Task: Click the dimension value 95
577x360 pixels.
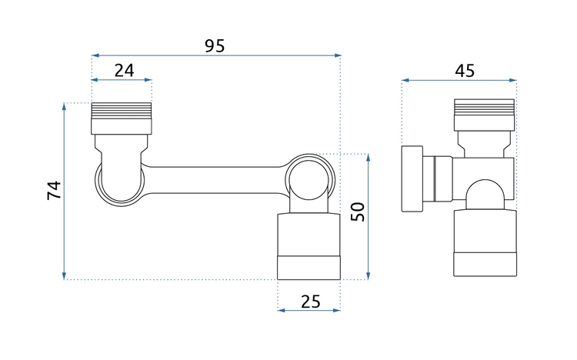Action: [215, 45]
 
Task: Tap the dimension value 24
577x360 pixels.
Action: [125, 70]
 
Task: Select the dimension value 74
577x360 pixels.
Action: [54, 190]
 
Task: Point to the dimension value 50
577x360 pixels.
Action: [358, 212]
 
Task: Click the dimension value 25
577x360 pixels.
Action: [311, 302]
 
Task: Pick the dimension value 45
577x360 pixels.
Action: [465, 70]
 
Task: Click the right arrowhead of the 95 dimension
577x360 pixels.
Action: [337, 55]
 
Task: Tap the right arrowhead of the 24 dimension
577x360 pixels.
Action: [148, 79]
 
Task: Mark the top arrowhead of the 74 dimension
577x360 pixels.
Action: [64, 107]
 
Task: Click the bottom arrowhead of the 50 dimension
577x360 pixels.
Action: [369, 275]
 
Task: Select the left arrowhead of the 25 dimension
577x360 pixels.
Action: [282, 310]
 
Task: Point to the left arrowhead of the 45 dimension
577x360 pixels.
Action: [406, 80]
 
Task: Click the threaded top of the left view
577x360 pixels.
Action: [122, 111]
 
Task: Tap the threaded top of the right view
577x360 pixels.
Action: [484, 107]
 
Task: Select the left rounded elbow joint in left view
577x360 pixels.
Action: [121, 184]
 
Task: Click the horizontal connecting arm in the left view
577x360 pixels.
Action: [215, 180]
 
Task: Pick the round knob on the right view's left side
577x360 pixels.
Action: [412, 179]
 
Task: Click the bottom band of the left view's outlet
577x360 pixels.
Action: [309, 268]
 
